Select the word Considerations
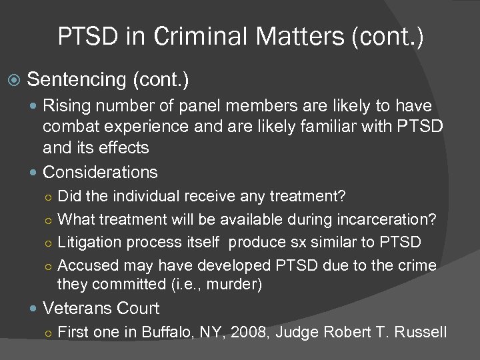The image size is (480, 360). click(x=100, y=172)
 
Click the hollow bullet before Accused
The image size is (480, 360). click(x=48, y=265)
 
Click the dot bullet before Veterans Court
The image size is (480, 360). click(x=35, y=309)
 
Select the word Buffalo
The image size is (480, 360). click(x=167, y=333)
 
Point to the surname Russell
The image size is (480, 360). click(x=420, y=333)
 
